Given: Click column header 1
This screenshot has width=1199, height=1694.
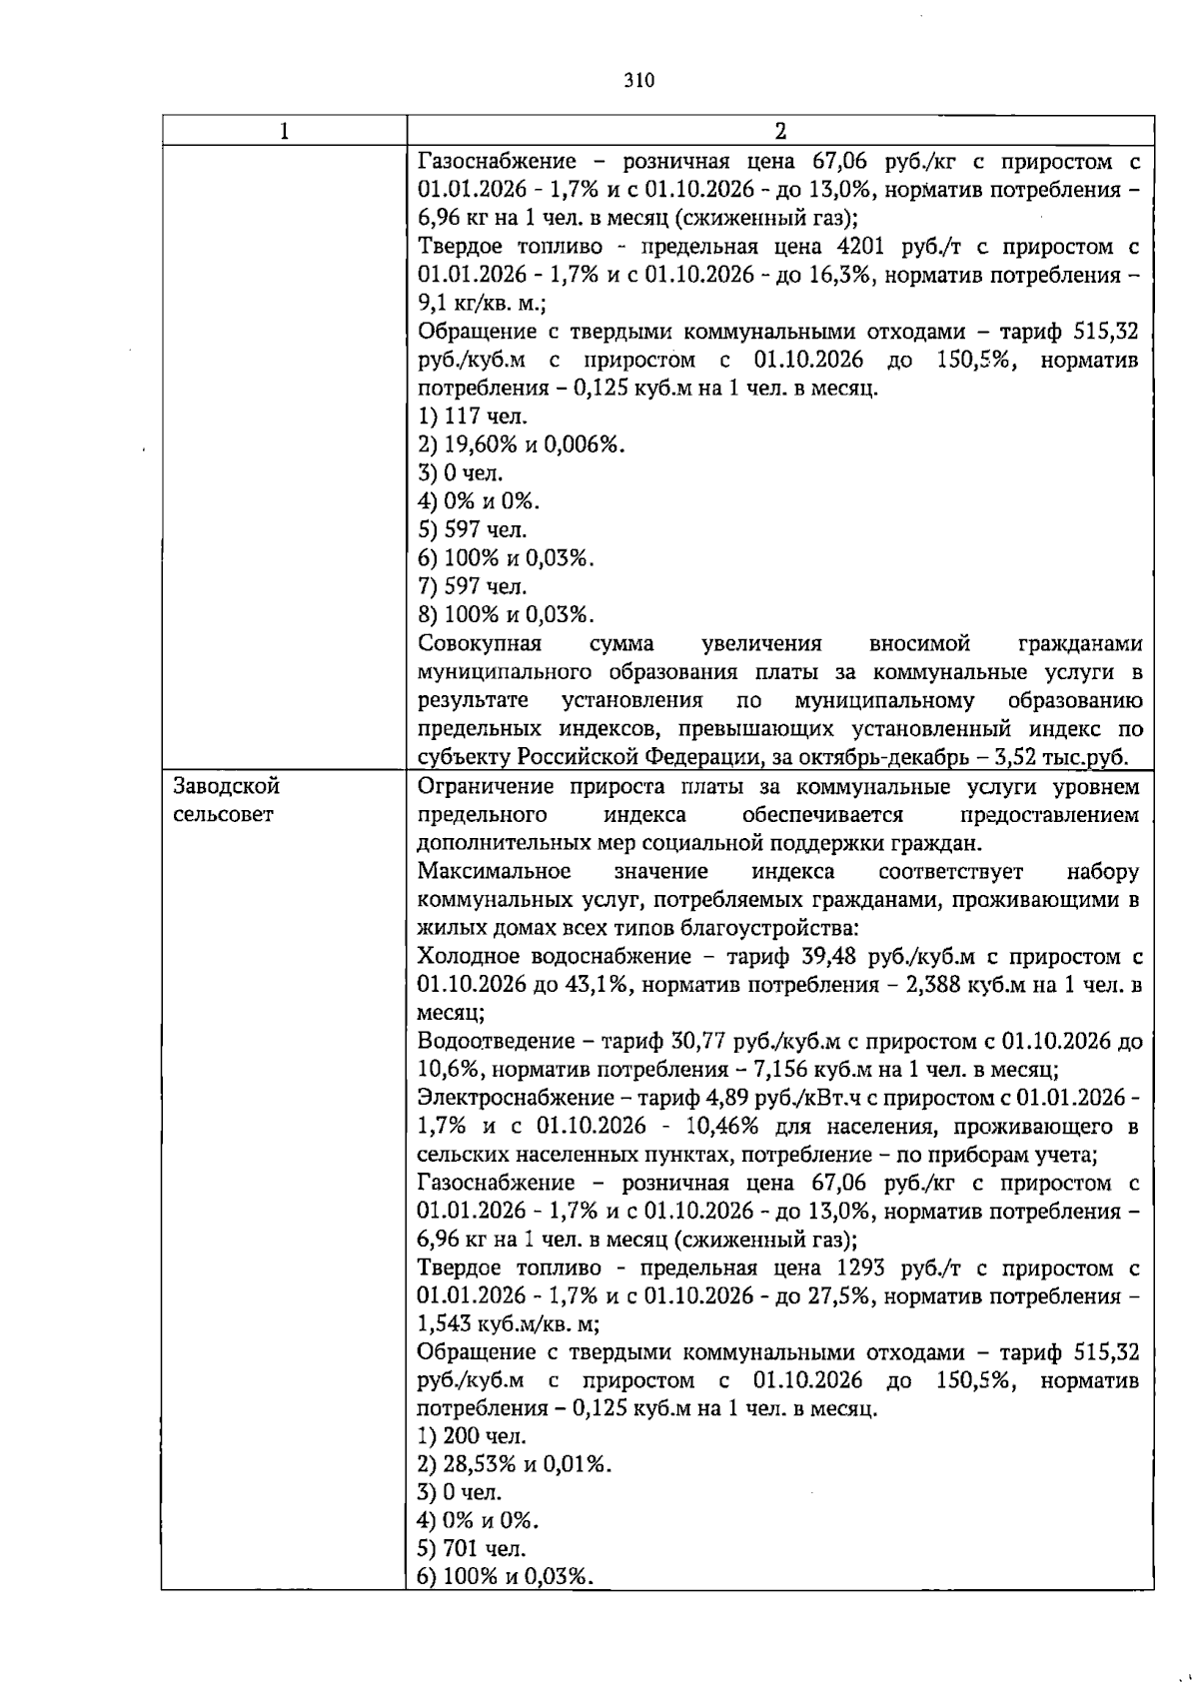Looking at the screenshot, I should click(x=285, y=131).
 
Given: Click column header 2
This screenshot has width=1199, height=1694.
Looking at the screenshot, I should click(x=780, y=131).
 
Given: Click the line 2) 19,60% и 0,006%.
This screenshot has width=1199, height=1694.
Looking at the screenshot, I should click(x=521, y=444).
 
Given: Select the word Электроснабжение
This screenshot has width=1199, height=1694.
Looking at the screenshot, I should click(x=507, y=1099).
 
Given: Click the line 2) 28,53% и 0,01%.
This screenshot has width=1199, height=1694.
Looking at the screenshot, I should click(x=515, y=1465).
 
